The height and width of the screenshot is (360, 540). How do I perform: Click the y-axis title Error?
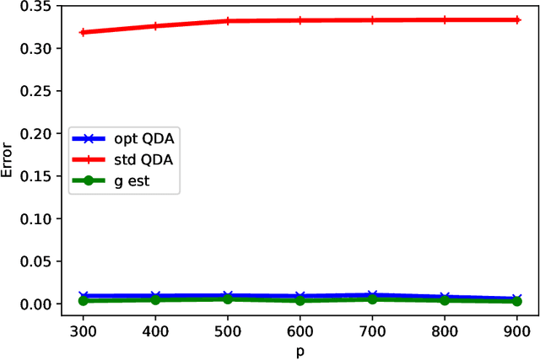point(9,160)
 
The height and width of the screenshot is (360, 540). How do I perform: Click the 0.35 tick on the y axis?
point(35,7)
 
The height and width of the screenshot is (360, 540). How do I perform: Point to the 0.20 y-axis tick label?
point(35,134)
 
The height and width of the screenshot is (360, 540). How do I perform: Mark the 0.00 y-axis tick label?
point(35,304)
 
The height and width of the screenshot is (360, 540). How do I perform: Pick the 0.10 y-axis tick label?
point(35,219)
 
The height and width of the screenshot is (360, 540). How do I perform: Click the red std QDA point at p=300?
point(82,32)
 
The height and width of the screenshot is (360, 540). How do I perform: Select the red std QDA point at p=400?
point(154,26)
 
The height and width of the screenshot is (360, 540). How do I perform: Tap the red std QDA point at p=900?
point(517,19)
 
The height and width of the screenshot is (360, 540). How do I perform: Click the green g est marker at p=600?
point(300,300)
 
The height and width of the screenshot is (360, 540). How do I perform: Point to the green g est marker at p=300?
point(82,300)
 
